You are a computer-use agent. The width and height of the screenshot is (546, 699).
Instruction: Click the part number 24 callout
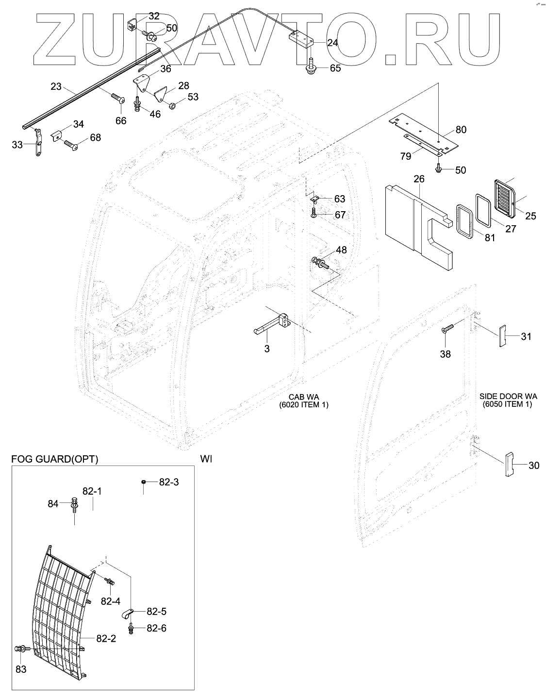pyautogui.click(x=332, y=43)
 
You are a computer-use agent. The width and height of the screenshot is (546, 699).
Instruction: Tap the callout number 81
pyautogui.click(x=490, y=237)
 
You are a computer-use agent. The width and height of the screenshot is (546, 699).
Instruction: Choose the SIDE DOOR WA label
pyautogui.click(x=507, y=397)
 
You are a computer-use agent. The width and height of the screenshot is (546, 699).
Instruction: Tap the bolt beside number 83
pyautogui.click(x=22, y=648)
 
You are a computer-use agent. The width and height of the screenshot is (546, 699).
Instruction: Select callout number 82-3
pyautogui.click(x=169, y=482)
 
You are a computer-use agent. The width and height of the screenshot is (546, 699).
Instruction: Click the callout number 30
pyautogui.click(x=533, y=466)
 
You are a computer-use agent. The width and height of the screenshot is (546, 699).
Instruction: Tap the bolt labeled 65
pyautogui.click(x=309, y=67)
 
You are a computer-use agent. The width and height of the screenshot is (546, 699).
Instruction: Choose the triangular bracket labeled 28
pyautogui.click(x=162, y=95)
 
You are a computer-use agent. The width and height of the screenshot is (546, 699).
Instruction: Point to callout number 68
pyautogui.click(x=95, y=137)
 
